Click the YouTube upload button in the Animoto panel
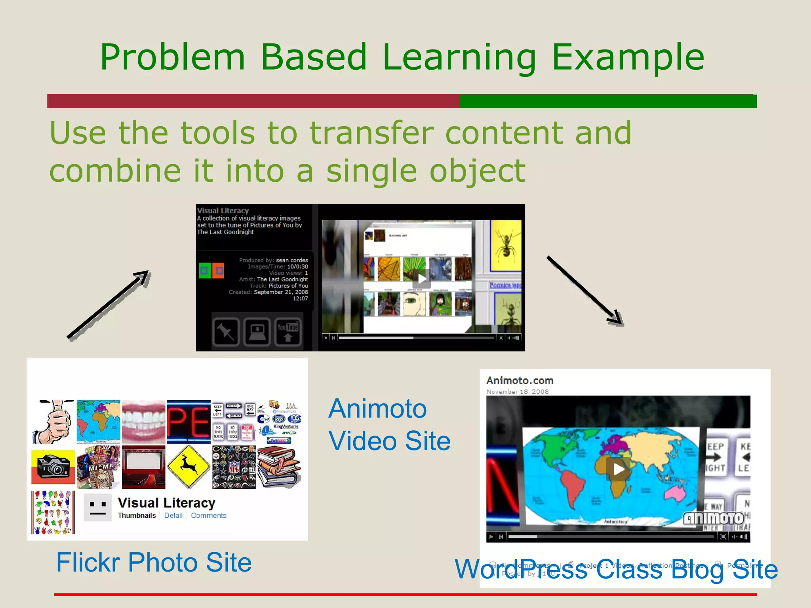(288, 332)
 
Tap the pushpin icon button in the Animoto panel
(226, 332)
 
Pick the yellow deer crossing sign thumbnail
(188, 467)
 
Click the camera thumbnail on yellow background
(53, 467)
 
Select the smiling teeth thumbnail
(143, 422)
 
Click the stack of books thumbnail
(279, 467)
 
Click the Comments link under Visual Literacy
(209, 515)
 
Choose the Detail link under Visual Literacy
(173, 515)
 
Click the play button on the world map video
(618, 469)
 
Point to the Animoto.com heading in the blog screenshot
(520, 380)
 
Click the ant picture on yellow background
(506, 245)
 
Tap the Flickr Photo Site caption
(154, 562)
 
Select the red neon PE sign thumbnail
(188, 422)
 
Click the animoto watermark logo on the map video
(714, 518)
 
